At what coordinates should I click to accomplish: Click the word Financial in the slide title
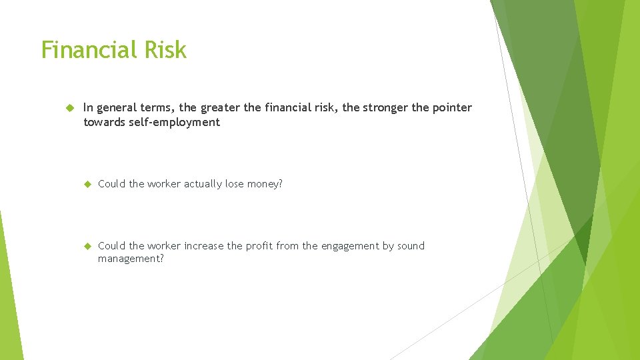(88, 50)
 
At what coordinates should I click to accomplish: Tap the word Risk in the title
(164, 50)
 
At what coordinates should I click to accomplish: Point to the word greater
(221, 108)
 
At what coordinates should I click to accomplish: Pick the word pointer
(451, 108)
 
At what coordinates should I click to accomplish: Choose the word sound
(411, 246)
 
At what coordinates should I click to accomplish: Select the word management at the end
(130, 259)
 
